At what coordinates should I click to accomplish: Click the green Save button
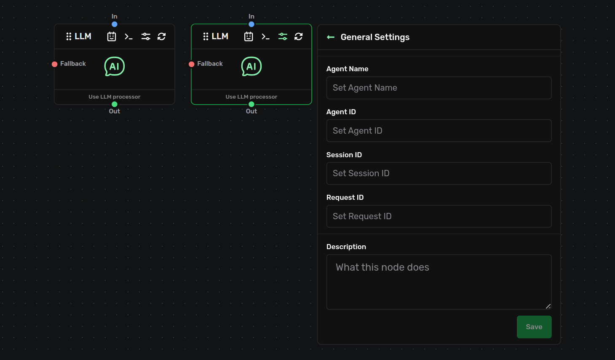coord(534,327)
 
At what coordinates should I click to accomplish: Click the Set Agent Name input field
coord(439,88)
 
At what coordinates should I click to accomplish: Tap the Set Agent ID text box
coord(439,131)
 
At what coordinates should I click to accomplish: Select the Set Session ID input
coord(439,173)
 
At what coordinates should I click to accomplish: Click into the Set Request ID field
coord(439,216)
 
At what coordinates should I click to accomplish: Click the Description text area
coord(439,282)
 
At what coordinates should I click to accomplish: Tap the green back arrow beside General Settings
coord(331,37)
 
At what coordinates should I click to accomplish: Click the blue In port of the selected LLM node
coord(251,24)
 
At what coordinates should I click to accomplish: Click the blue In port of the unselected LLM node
coord(115,24)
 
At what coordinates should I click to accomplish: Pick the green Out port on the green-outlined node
coord(251,104)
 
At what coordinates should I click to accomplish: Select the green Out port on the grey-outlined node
coord(115,104)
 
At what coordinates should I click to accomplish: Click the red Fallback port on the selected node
coord(192,64)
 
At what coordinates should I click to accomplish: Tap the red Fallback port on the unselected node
coord(55,64)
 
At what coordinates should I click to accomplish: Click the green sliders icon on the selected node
coord(283,36)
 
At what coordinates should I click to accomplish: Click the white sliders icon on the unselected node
coord(146,36)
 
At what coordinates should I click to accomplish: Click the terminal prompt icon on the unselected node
coord(128,37)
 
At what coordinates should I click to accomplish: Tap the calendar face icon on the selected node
coord(249,36)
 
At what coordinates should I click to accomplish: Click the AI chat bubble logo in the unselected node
coord(115,66)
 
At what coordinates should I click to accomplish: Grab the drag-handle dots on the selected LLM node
coord(206,36)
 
